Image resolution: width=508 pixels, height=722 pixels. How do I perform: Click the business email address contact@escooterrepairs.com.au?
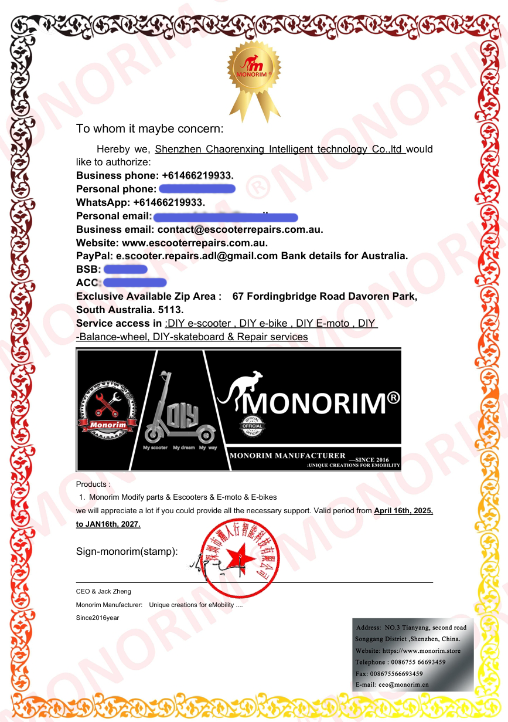pyautogui.click(x=240, y=230)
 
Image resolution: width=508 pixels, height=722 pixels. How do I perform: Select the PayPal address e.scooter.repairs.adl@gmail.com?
pyautogui.click(x=197, y=256)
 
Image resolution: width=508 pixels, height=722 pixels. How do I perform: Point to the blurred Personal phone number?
pyautogui.click(x=197, y=189)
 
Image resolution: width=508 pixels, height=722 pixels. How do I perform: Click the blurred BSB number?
pyautogui.click(x=125, y=269)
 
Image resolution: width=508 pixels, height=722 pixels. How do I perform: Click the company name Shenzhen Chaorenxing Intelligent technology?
pyautogui.click(x=279, y=150)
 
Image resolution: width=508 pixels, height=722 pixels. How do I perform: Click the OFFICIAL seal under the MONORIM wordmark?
pyautogui.click(x=253, y=426)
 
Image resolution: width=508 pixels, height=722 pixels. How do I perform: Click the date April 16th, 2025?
pyautogui.click(x=403, y=511)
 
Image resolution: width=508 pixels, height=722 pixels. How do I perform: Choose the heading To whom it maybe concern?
pyautogui.click(x=150, y=128)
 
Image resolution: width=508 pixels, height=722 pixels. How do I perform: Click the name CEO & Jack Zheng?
pyautogui.click(x=104, y=591)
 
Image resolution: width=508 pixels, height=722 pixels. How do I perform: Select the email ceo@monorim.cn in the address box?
pyautogui.click(x=403, y=684)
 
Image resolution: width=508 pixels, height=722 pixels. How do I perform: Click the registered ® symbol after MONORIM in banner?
pyautogui.click(x=394, y=398)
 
